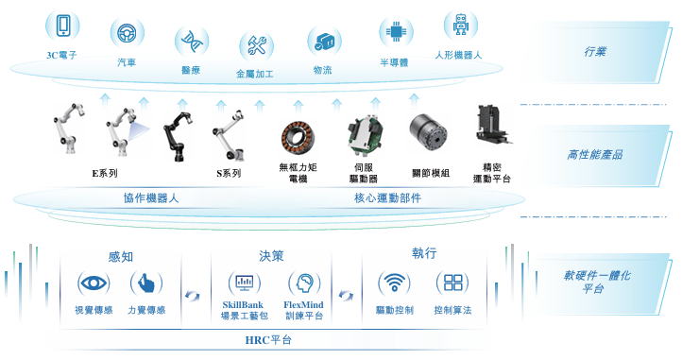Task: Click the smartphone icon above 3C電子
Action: coord(63,26)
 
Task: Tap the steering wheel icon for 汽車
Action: coord(127,33)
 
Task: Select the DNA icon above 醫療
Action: coord(192,42)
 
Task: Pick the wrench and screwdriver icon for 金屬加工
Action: coord(257,45)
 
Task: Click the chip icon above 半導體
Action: coord(396,32)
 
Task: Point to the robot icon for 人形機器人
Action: coord(461,25)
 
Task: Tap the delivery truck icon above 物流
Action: coord(325,42)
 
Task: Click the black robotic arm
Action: coord(178,136)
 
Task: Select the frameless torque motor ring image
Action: coord(298,137)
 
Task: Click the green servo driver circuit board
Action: coord(365,134)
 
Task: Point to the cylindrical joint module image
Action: coord(428,132)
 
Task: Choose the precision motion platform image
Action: coord(494,125)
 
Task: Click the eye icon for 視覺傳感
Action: coord(94,283)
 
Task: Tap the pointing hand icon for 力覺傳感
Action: coord(146,283)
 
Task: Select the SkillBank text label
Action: coord(243,304)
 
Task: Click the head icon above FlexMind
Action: coord(304,283)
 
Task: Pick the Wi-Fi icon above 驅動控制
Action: coord(395,283)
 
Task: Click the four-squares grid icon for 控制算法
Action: coord(452,283)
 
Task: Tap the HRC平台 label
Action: coord(268,340)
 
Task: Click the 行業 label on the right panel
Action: coord(595,52)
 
